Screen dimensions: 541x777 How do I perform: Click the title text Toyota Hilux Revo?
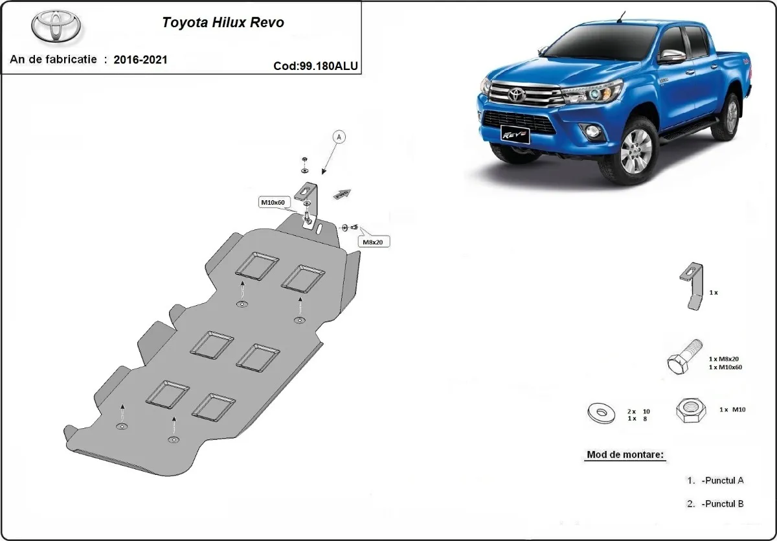pyautogui.click(x=222, y=22)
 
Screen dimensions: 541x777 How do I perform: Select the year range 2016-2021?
pyautogui.click(x=141, y=60)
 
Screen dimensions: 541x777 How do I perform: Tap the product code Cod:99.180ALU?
pyautogui.click(x=315, y=65)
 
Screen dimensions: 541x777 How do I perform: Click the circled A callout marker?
pyautogui.click(x=340, y=137)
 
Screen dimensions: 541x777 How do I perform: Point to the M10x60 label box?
pyautogui.click(x=273, y=203)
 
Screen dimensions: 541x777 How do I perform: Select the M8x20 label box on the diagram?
pyautogui.click(x=372, y=242)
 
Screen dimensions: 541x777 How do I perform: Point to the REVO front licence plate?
pyautogui.click(x=515, y=135)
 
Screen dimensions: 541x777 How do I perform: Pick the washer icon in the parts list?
pyautogui.click(x=601, y=412)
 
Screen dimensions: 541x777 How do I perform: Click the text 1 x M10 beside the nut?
pyautogui.click(x=732, y=409)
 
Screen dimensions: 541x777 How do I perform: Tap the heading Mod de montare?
pyautogui.click(x=625, y=454)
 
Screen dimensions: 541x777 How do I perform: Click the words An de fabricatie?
pyautogui.click(x=53, y=60)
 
